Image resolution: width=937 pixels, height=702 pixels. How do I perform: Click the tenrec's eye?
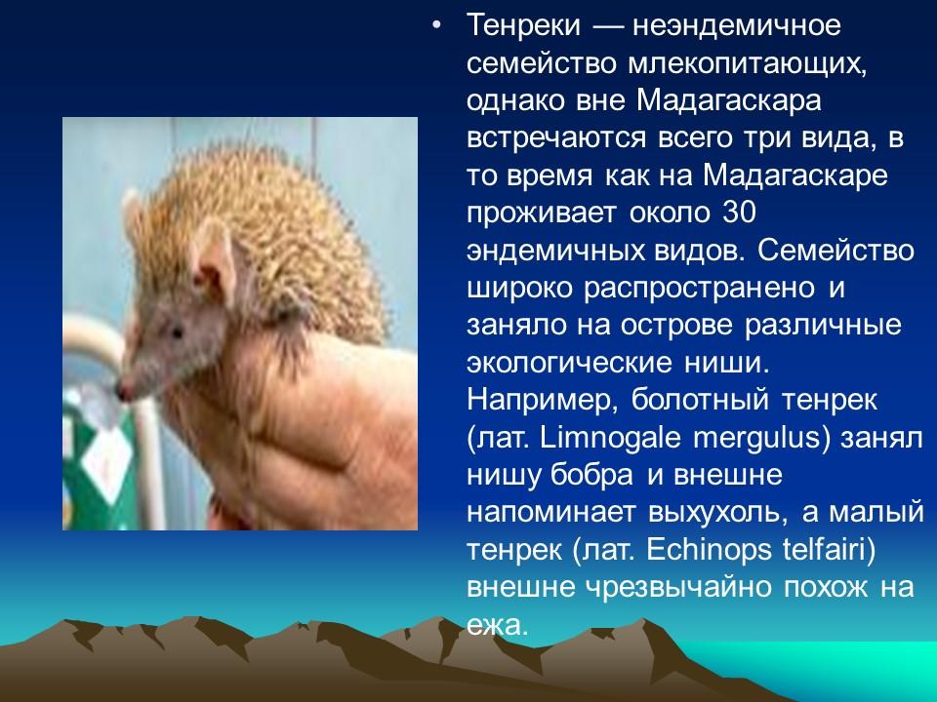(176, 333)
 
